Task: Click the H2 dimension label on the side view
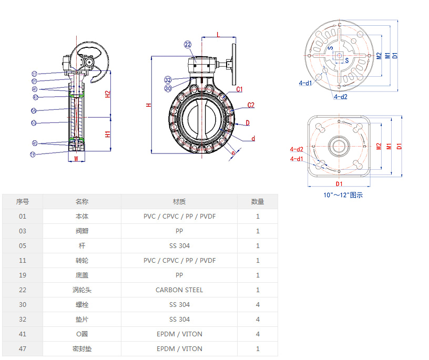click(108, 94)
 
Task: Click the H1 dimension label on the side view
click(108, 134)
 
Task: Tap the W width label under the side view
click(76, 158)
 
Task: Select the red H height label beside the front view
click(149, 105)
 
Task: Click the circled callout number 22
click(188, 45)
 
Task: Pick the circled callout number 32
click(168, 80)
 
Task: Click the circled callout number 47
click(35, 97)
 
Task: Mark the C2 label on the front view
click(251, 105)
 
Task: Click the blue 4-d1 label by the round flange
click(305, 83)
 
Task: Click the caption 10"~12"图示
click(343, 195)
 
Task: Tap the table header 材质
click(179, 201)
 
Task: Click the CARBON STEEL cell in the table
click(179, 290)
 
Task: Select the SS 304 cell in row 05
click(179, 245)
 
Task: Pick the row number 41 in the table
click(22, 334)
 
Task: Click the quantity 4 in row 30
click(258, 304)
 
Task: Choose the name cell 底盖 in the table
click(82, 275)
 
